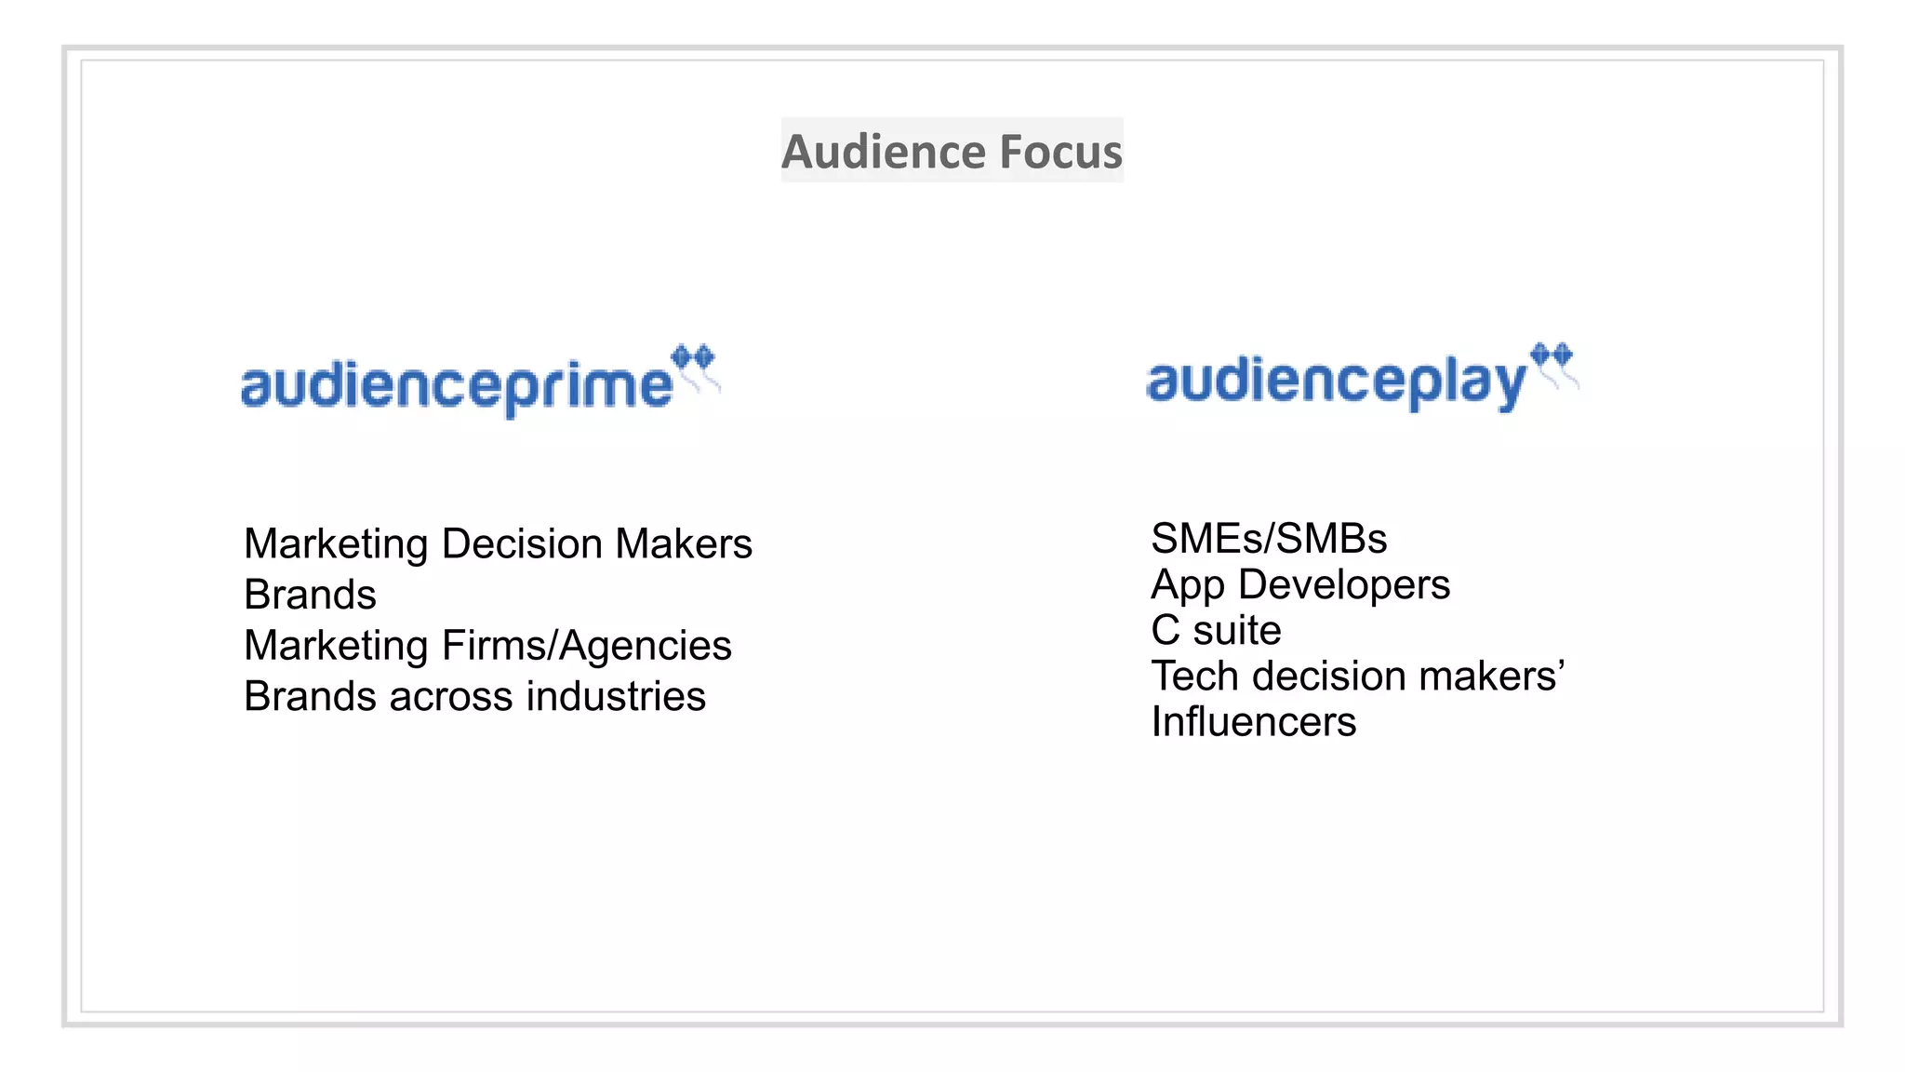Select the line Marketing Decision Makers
pyautogui.click(x=498, y=544)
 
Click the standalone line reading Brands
pyautogui.click(x=310, y=595)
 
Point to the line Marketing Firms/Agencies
pyautogui.click(x=487, y=646)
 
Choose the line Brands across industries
pyautogui.click(x=474, y=697)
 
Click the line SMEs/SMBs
pyautogui.click(x=1269, y=539)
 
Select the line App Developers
pyautogui.click(x=1300, y=584)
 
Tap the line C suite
pyautogui.click(x=1216, y=630)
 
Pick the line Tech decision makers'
pyautogui.click(x=1358, y=677)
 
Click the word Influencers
pyautogui.click(x=1254, y=722)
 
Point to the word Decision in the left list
pyautogui.click(x=522, y=544)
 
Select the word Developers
pyautogui.click(x=1344, y=584)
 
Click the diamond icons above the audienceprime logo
pyautogui.click(x=693, y=356)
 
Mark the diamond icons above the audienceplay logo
pyautogui.click(x=1552, y=354)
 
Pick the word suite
pyautogui.click(x=1237, y=630)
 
